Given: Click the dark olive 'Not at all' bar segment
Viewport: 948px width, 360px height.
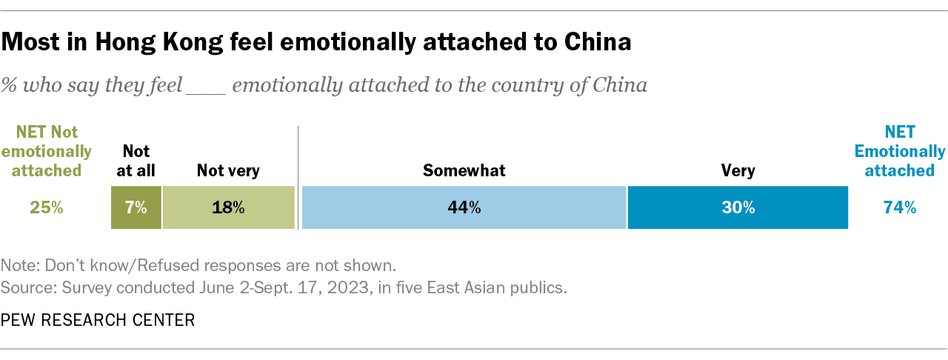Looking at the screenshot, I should tap(136, 208).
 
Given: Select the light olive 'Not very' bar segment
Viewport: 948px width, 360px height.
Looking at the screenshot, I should tap(228, 208).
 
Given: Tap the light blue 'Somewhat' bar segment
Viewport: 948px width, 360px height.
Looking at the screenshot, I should tap(464, 208).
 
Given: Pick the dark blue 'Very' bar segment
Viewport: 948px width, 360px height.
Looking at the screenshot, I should tap(738, 208).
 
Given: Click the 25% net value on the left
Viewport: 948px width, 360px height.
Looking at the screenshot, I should tap(47, 208).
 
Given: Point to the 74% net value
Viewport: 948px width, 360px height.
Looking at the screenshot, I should tap(900, 208).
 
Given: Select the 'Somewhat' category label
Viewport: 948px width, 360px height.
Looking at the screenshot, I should tap(464, 171).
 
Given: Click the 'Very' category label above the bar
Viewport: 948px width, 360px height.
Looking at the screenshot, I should tap(738, 171).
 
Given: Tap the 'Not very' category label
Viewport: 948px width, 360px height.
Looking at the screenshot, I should tap(228, 171).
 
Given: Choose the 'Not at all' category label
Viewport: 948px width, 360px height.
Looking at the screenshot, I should tap(136, 161).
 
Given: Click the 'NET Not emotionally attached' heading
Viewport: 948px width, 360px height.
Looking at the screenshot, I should tap(47, 151).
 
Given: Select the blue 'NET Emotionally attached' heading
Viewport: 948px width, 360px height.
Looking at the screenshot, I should tap(900, 151).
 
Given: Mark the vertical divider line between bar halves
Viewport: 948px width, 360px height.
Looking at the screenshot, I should tap(298, 178).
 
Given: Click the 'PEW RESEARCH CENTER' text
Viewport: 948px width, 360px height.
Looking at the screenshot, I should tap(98, 320).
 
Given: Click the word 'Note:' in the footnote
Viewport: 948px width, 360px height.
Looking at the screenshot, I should tap(19, 265).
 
